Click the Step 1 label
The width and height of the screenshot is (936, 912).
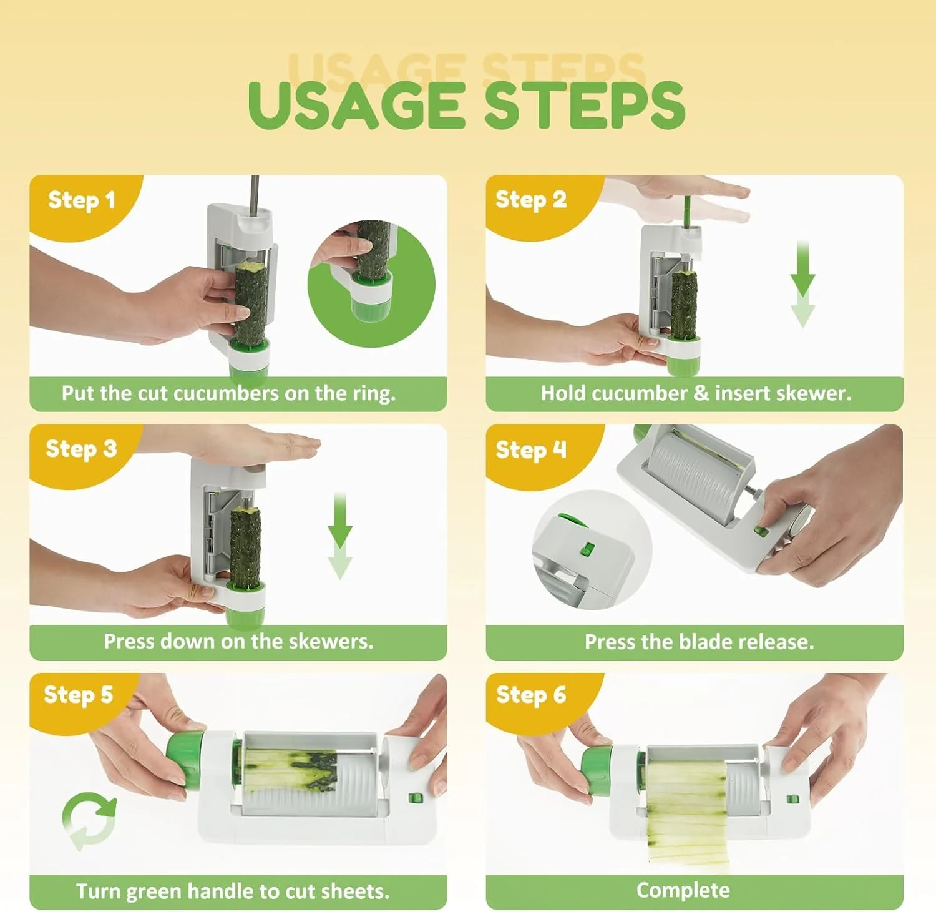click(82, 200)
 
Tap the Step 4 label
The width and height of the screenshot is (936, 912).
click(531, 449)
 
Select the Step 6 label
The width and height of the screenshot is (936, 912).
click(531, 694)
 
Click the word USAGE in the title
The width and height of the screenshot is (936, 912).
click(356, 104)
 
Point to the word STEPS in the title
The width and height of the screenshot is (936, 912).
click(585, 104)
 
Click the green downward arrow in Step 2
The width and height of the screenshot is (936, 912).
click(802, 284)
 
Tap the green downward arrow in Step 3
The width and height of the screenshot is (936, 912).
click(340, 536)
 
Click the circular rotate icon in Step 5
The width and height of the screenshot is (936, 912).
click(89, 821)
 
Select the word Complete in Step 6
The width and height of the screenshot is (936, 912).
click(683, 891)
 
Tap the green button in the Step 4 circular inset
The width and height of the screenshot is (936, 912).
click(587, 549)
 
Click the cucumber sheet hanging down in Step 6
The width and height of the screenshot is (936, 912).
click(687, 811)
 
